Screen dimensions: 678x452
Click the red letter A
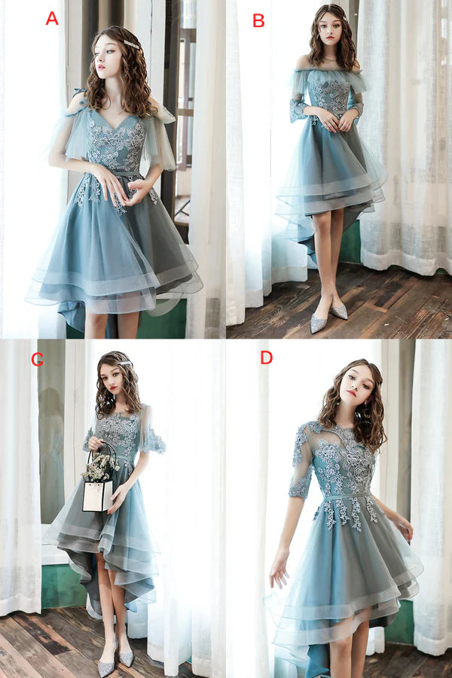point(51,18)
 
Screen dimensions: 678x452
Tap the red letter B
point(258,20)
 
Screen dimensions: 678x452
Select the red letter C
point(37,359)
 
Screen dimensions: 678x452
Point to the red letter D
point(266,357)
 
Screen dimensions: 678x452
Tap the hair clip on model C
point(124,364)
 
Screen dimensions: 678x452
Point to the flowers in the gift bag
point(101,467)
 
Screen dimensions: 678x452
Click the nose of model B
point(322,32)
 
